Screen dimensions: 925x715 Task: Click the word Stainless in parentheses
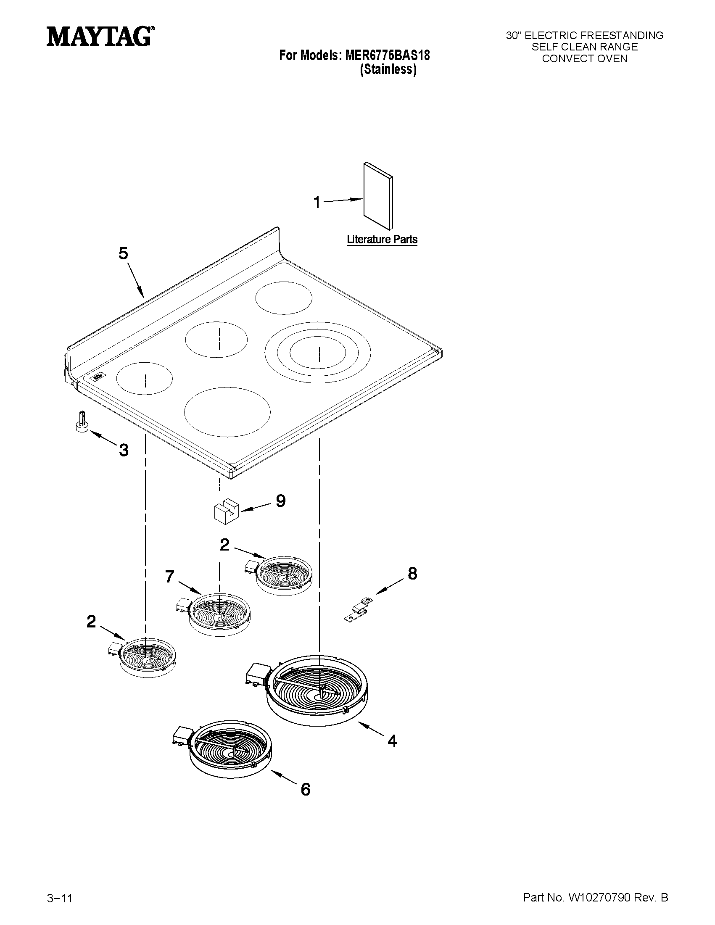tap(388, 70)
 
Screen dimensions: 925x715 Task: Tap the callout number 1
tap(317, 203)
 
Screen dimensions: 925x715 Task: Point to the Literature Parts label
tap(382, 239)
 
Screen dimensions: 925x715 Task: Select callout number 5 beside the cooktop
tap(123, 253)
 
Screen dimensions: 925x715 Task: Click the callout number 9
tap(281, 501)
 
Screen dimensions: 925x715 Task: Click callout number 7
tap(170, 577)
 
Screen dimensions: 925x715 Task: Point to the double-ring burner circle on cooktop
tap(318, 352)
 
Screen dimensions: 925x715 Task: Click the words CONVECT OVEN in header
tap(585, 59)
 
